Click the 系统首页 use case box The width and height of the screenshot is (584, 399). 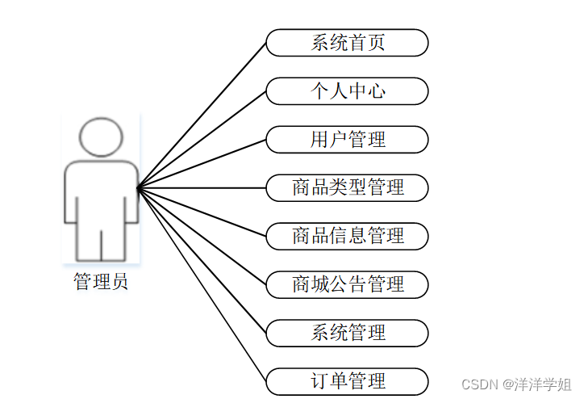347,43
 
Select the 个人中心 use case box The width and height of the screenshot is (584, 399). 347,91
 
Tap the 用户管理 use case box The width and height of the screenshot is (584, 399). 347,140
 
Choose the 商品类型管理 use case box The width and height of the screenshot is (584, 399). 347,188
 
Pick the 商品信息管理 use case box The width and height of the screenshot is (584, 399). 347,236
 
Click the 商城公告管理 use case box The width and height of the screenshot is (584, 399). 347,284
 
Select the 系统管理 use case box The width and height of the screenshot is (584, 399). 347,332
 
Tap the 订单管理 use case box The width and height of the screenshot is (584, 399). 347,380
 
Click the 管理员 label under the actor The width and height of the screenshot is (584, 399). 101,282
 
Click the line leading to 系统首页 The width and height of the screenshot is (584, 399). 202,115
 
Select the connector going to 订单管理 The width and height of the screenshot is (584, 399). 202,284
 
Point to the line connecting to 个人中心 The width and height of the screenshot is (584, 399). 202,140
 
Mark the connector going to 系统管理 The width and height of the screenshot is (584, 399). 202,260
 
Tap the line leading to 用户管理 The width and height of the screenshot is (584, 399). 202,164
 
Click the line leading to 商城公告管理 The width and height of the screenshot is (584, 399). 202,236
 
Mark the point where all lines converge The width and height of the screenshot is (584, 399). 138,188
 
